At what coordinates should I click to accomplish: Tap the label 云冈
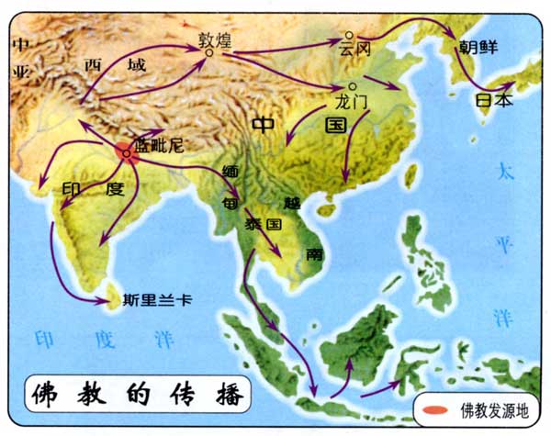pos(354,45)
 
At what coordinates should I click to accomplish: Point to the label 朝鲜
pos(474,45)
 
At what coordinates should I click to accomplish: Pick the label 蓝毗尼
pos(158,144)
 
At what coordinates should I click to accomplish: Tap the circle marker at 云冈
pos(341,39)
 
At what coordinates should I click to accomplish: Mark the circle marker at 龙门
pos(327,89)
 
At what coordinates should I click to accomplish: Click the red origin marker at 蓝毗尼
pos(127,153)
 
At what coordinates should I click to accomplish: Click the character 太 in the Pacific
pos(503,171)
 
